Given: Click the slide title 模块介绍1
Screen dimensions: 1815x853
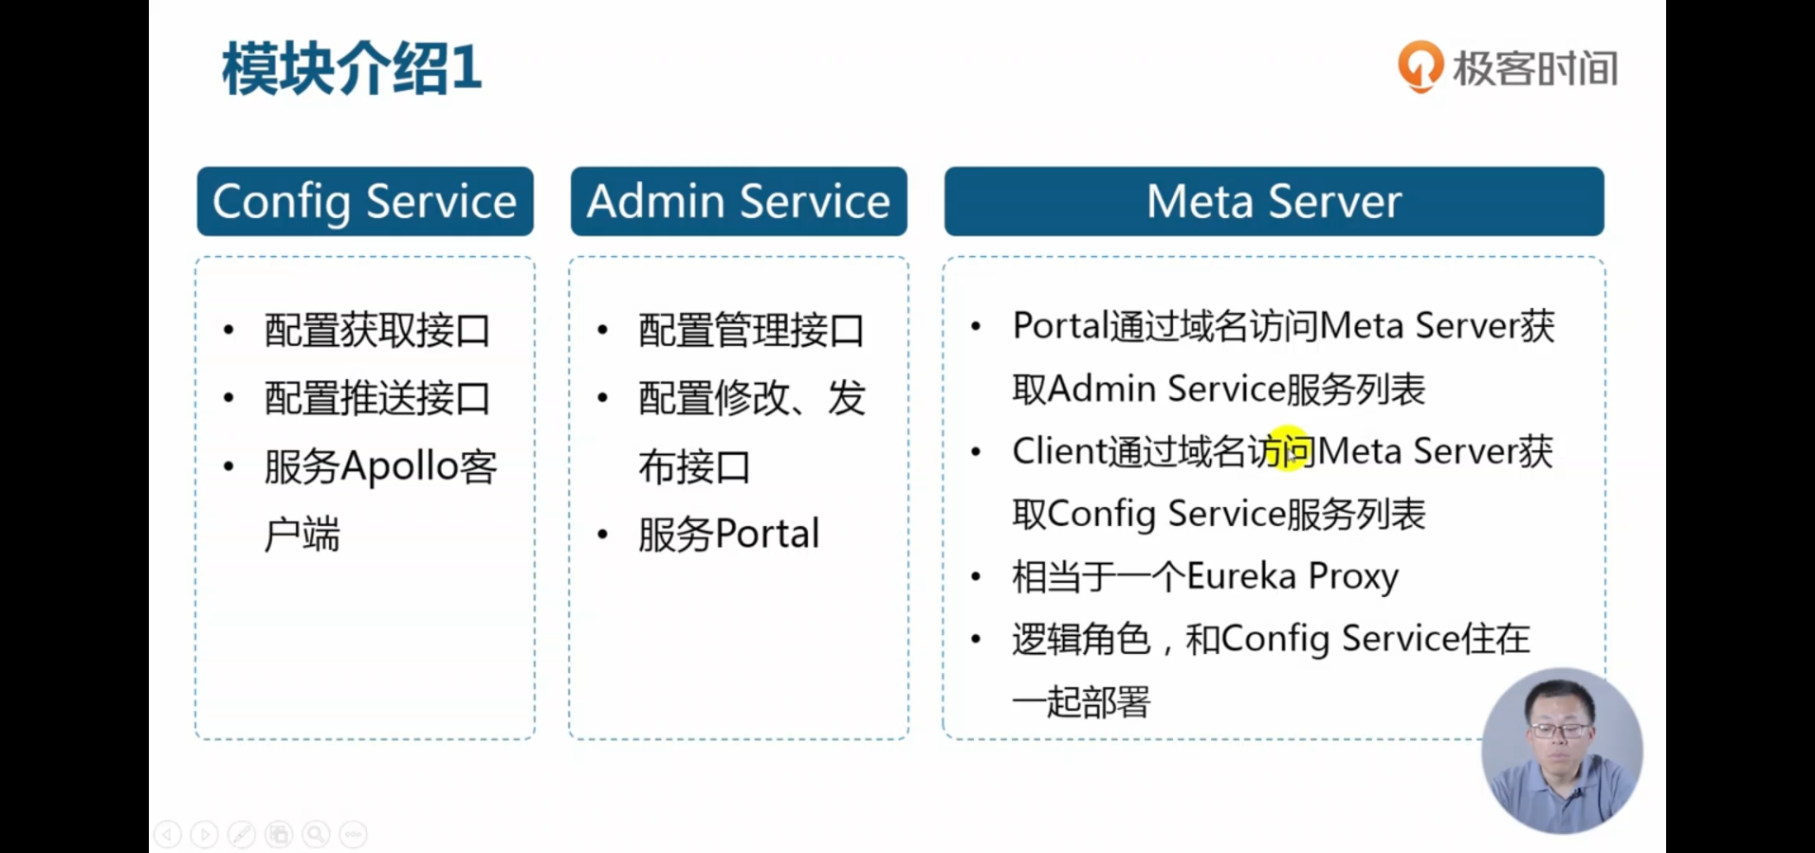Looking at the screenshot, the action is tap(352, 68).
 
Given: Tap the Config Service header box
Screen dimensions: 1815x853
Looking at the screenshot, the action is tap(365, 201).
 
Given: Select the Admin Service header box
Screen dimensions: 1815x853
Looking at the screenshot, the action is tap(739, 201).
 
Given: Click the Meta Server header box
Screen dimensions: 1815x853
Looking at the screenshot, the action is tap(1274, 201).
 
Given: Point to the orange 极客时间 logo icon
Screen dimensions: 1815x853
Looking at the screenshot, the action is tap(1420, 66).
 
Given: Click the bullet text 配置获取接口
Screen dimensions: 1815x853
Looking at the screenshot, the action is tap(377, 331).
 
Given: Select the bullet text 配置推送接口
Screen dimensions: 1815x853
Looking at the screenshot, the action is tap(377, 398).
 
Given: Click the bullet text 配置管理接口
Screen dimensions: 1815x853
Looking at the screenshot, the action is tap(751, 331).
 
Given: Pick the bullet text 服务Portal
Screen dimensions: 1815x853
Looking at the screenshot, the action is tap(728, 535).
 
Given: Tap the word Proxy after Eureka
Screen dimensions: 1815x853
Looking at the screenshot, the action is tap(1353, 577).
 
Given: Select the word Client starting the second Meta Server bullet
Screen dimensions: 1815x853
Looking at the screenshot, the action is tap(1059, 451).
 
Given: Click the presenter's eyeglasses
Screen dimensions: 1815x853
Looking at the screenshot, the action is tap(1560, 731).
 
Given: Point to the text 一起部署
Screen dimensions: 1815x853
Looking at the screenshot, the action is tap(1081, 702).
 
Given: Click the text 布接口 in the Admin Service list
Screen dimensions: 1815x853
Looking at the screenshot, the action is tap(694, 467).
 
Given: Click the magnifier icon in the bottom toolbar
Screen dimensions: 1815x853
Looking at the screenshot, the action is tap(316, 834).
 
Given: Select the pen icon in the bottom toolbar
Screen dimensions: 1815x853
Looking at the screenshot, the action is tap(242, 834).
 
